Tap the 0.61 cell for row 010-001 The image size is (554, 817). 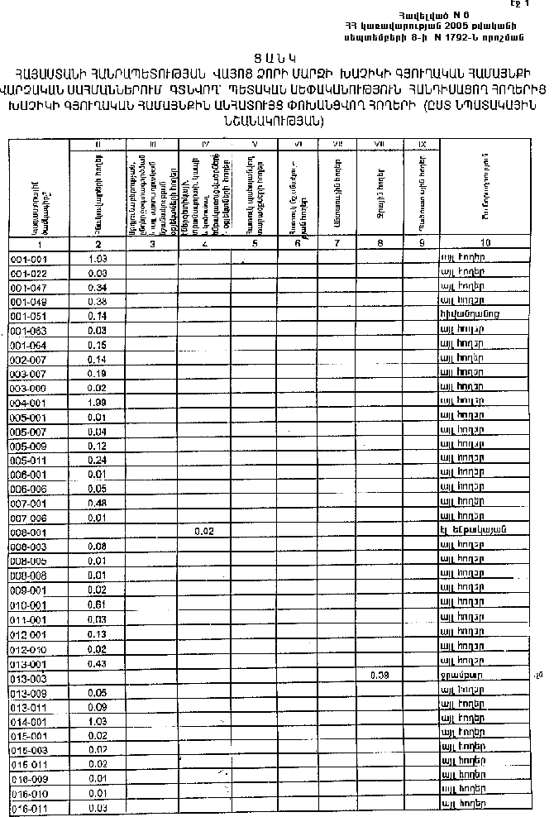point(98,604)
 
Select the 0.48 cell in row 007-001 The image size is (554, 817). point(98,503)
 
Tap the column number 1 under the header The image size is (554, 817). point(37,244)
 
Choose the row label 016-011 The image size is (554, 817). point(28,807)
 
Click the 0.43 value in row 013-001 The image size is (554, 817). point(98,663)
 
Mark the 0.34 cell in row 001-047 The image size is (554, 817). point(98,287)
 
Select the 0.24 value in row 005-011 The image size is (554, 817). point(98,460)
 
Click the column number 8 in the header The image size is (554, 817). point(380,243)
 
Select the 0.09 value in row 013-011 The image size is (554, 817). point(98,707)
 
